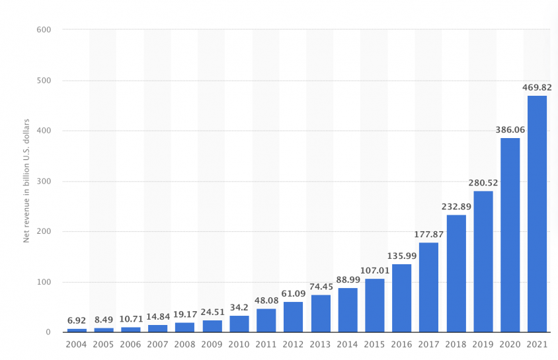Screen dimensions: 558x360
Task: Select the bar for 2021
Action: [537, 214]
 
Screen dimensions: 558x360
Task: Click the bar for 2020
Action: [510, 235]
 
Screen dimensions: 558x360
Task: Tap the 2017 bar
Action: [428, 287]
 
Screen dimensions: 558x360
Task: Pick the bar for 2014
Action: [348, 310]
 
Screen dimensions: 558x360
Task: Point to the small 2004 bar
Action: [77, 330]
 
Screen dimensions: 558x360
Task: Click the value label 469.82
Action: [537, 87]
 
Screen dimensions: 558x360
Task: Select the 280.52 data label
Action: [483, 183]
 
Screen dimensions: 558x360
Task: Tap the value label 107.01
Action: [375, 270]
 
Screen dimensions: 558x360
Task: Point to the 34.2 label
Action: [239, 307]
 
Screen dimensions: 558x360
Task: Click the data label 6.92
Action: [77, 320]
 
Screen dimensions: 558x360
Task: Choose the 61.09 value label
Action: [294, 293]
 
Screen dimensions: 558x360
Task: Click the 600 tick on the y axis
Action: [44, 30]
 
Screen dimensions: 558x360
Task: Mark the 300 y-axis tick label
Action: [44, 181]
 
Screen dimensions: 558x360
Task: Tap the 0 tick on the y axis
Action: [48, 332]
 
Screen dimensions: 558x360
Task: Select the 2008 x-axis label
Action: [184, 344]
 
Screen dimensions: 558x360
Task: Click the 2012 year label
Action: [293, 344]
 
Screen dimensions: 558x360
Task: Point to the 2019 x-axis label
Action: [483, 344]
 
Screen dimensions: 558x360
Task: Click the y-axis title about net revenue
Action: [26, 181]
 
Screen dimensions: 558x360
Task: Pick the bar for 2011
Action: [266, 320]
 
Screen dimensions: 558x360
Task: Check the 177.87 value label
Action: [428, 234]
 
